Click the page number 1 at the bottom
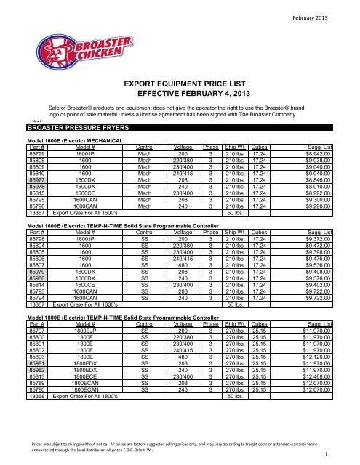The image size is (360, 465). click(x=348, y=456)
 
